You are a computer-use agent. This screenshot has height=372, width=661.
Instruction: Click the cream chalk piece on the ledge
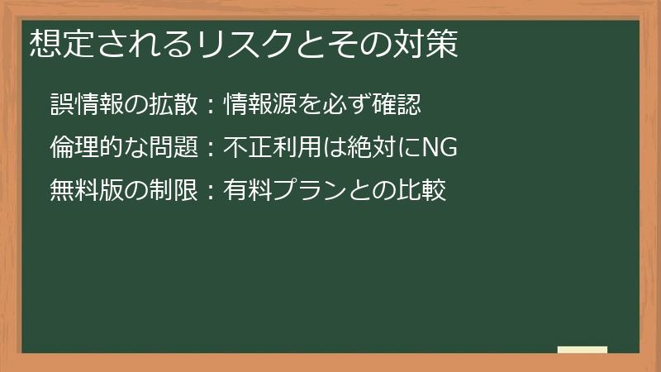coord(583,350)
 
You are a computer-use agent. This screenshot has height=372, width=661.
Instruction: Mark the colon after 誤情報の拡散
coord(210,106)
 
